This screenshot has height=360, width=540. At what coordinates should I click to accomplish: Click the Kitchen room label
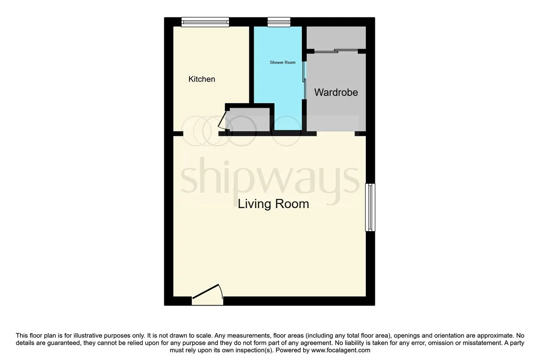point(202,79)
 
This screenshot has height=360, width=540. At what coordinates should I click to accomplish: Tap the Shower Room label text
point(283,63)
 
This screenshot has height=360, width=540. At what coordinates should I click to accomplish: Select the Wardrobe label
point(336,92)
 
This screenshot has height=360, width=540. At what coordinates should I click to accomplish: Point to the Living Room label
point(274,204)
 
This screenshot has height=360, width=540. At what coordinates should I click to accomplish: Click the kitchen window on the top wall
point(205,22)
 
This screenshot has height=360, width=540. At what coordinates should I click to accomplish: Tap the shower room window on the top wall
point(279,22)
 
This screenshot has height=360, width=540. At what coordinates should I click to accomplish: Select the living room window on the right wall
point(370,207)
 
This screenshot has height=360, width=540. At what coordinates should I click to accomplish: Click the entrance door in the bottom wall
point(207,295)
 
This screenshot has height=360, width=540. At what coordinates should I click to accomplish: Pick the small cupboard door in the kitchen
point(222,121)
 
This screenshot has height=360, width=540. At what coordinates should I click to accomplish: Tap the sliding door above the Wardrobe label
point(336,51)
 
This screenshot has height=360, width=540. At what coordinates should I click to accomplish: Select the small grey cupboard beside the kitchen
point(247,120)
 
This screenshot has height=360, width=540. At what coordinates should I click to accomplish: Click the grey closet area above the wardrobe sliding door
point(336,38)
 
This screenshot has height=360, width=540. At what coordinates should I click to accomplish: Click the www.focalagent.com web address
point(341,351)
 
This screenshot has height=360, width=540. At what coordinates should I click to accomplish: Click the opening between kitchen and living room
point(201,134)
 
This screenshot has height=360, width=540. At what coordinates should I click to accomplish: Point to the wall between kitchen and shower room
point(252,65)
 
